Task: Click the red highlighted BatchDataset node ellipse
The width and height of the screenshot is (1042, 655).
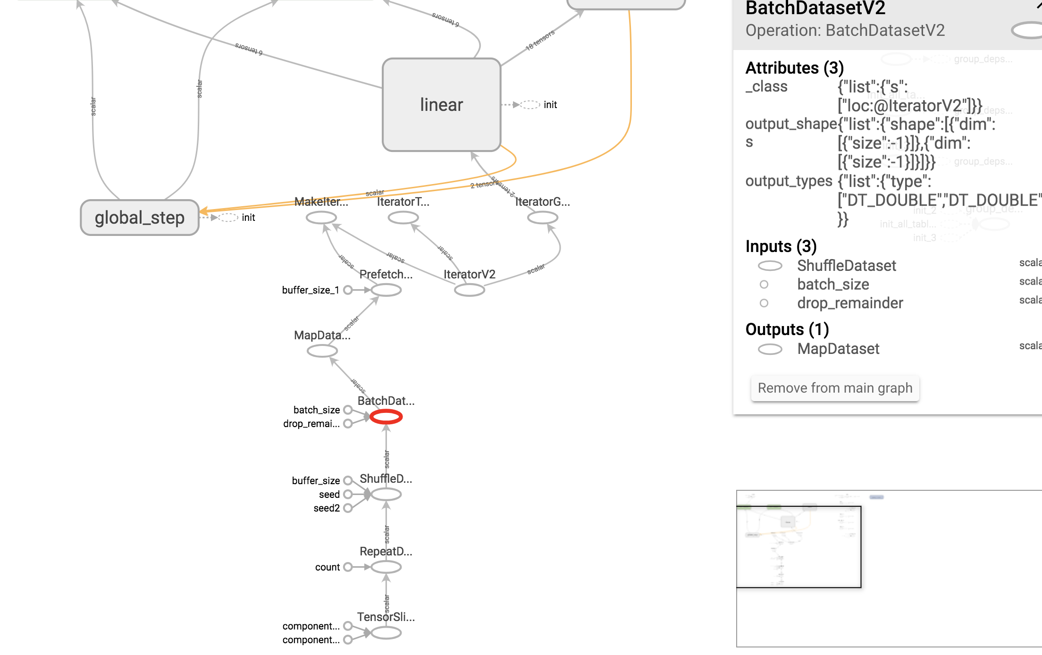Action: [x=386, y=417]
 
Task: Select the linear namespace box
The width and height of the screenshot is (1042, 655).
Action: [x=441, y=105]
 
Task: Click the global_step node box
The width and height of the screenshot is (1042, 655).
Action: [x=140, y=218]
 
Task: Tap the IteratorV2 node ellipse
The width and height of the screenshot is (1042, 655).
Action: [x=469, y=290]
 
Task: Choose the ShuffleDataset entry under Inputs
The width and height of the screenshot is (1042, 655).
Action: [x=846, y=266]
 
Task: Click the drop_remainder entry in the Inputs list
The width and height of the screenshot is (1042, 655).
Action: [x=849, y=303]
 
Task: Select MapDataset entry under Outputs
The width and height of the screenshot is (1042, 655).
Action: [x=838, y=349]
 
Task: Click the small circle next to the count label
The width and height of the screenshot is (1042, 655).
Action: [x=348, y=567]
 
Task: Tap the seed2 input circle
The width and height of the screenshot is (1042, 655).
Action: [x=348, y=508]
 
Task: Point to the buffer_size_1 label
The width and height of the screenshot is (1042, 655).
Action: [x=311, y=290]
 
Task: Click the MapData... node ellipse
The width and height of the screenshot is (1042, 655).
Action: [x=322, y=351]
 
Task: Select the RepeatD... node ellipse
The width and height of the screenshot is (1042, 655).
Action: [x=386, y=567]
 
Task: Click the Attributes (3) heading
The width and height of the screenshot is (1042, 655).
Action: [x=794, y=68]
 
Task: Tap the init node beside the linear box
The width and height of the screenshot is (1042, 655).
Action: [x=530, y=105]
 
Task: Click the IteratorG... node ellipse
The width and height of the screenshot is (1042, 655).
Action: [x=542, y=218]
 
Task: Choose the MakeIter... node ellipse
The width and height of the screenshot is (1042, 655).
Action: [x=321, y=218]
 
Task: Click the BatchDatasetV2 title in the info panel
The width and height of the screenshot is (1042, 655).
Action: [x=815, y=8]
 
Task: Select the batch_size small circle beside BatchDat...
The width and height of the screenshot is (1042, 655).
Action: [x=348, y=410]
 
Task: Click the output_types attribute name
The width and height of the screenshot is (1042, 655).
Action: [x=789, y=181]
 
